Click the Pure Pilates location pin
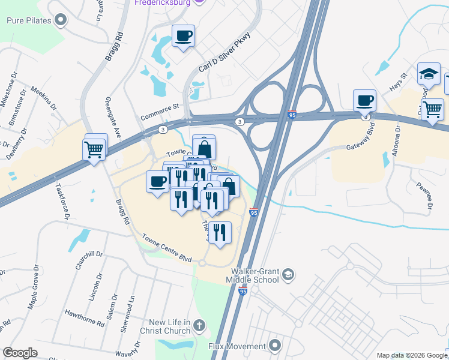60,20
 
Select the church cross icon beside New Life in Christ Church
199,327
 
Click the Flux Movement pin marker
276,346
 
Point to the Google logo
20,353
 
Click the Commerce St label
160,112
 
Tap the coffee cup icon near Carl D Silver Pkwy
183,35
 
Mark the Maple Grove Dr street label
33,287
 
